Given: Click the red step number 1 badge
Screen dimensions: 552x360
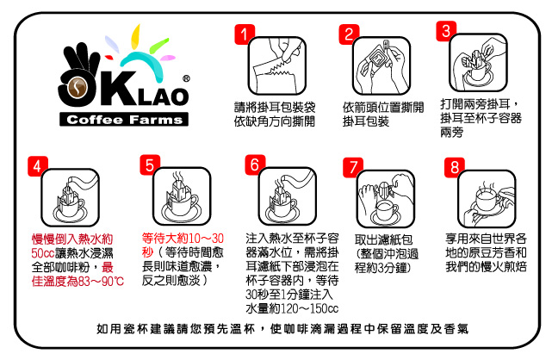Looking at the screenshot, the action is pos(245,34).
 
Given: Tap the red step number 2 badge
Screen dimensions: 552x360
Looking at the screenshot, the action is pos(349,34).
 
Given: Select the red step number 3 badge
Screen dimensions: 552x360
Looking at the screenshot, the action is pos(446,31).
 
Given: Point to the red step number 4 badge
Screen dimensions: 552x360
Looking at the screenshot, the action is pos(38,166).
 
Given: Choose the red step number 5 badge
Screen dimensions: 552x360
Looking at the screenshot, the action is pos(150,164).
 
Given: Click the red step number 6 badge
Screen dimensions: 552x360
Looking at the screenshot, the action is pos(255,164).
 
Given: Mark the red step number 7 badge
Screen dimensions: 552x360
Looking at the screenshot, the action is pos(353,167).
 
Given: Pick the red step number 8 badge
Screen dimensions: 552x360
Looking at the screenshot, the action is pos(455,167).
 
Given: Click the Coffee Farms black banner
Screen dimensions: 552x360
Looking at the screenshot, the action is pos(124,120).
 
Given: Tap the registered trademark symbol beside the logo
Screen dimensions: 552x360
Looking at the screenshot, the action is pos(186,78).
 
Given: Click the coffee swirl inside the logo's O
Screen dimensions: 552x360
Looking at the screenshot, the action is pos(78,88).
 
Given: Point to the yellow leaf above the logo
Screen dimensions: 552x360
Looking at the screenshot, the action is pos(135,36).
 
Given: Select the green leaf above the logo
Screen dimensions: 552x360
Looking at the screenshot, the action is pos(158,46).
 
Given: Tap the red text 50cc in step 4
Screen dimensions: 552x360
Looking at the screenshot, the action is pos(42,253).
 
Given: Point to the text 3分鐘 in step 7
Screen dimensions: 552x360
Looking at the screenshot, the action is pos(392,268).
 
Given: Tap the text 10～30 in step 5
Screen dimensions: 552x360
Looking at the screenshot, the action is pos(207,239).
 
